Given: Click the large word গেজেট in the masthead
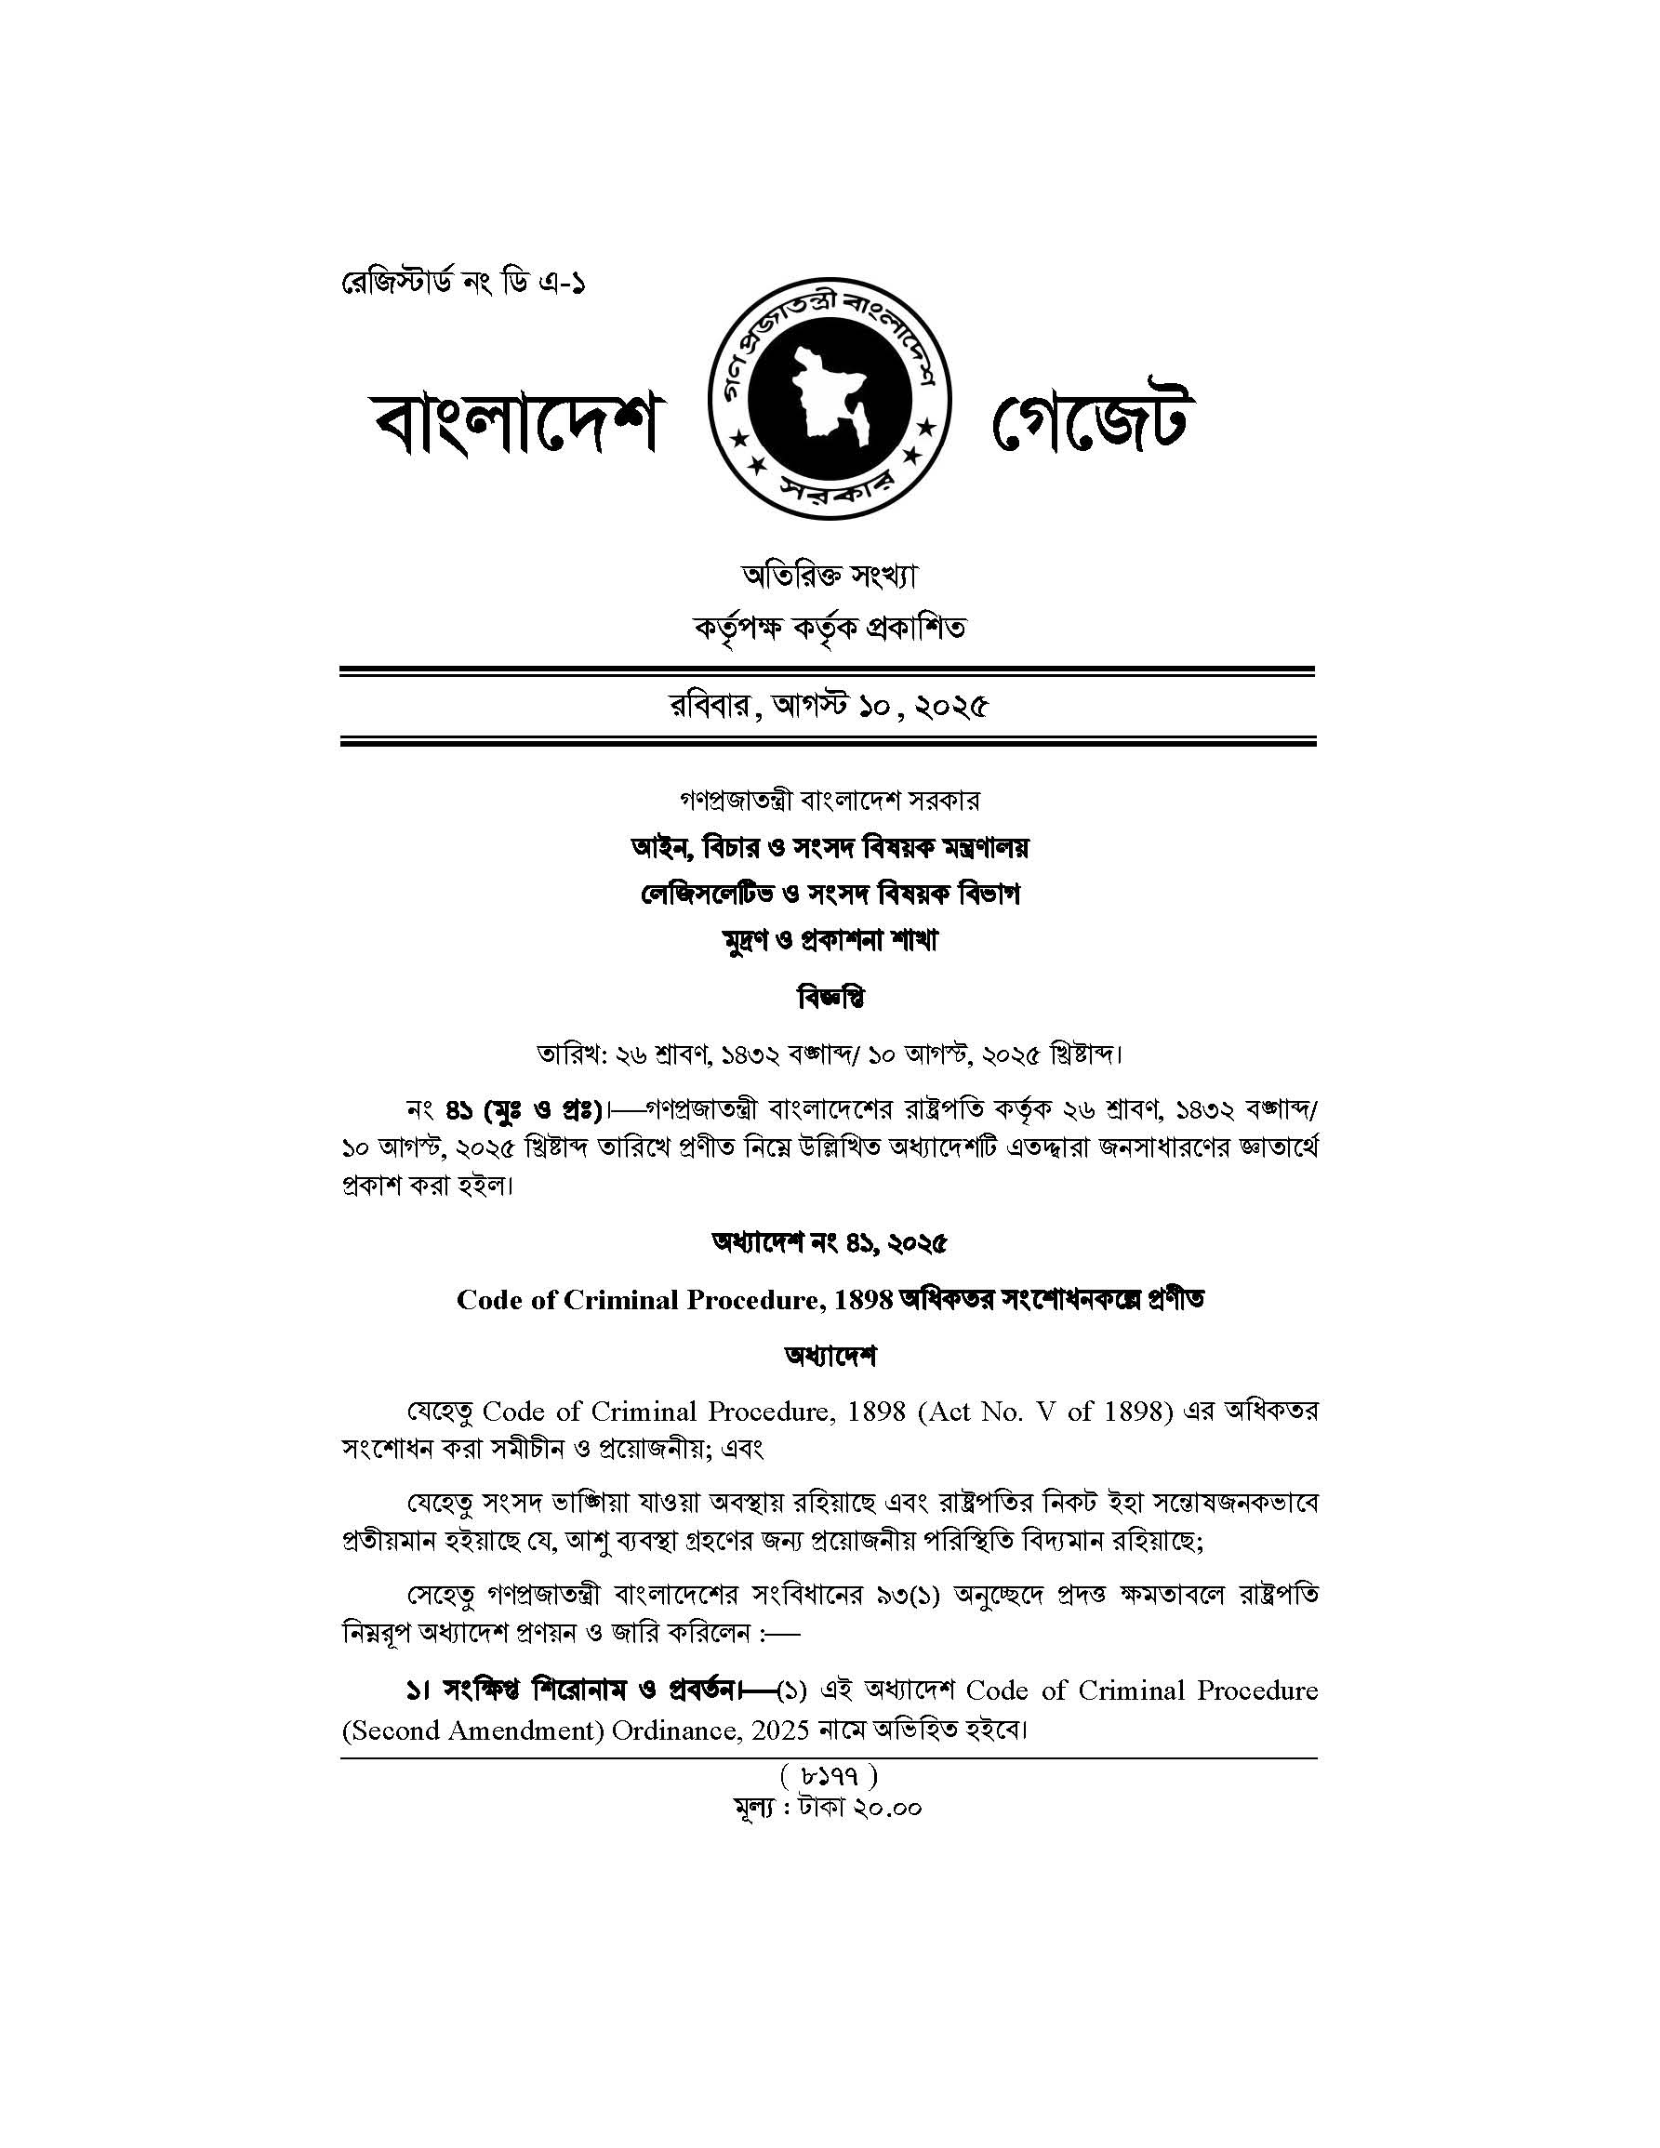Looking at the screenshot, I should coord(1094,425).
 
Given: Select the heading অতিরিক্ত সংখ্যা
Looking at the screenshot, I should coord(829,577).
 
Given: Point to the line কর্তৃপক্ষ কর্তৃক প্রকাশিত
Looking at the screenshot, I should coord(829,627).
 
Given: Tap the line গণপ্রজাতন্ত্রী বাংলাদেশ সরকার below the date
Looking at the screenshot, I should coord(829,800).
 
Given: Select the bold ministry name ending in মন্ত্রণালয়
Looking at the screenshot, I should coord(829,847).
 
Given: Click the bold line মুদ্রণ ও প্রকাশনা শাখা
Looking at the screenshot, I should coord(829,941).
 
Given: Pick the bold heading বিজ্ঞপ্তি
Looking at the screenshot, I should coord(829,999).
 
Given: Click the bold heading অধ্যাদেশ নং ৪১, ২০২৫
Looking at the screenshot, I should coord(829,1244).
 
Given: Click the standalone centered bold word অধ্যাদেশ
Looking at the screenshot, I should coord(829,1357).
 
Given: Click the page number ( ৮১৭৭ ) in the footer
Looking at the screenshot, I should coord(829,1776).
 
